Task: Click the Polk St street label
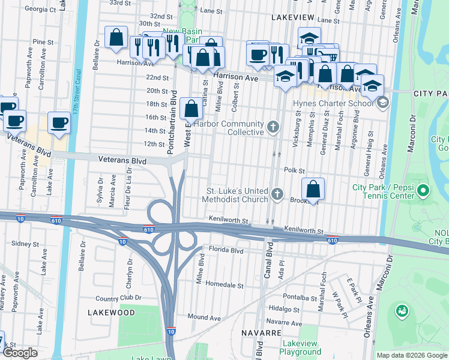[x=295, y=170]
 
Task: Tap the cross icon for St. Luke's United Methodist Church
[x=277, y=194]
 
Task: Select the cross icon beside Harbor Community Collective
[x=273, y=127]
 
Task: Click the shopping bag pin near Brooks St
[x=313, y=189]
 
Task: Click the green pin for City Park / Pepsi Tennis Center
[x=423, y=191]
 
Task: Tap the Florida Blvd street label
[x=226, y=248]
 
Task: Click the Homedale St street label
[x=224, y=284]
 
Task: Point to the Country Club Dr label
[x=118, y=298]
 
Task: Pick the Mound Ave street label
[x=204, y=317]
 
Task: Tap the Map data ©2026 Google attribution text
[x=412, y=355]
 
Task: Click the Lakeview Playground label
[x=300, y=347]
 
